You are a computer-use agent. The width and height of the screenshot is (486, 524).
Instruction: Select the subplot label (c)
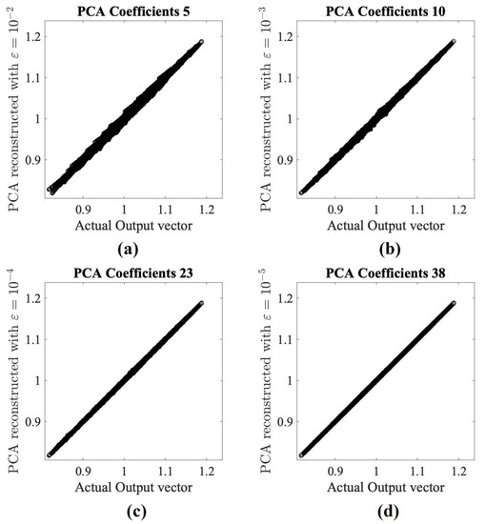(128, 511)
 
